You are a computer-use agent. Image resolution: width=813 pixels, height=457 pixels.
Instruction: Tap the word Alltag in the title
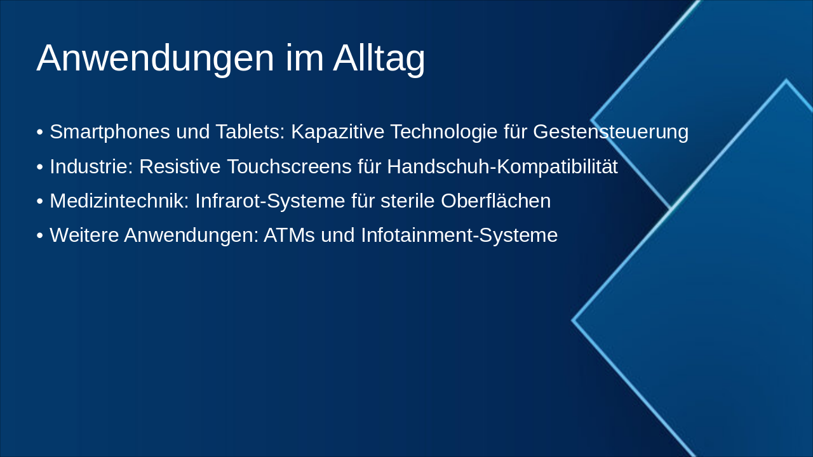pyautogui.click(x=379, y=58)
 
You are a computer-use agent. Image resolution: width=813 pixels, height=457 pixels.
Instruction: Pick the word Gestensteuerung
pyautogui.click(x=610, y=132)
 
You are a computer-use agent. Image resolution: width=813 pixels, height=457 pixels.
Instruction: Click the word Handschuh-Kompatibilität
pyautogui.click(x=502, y=166)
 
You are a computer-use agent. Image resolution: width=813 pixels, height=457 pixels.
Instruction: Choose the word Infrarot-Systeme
pyautogui.click(x=270, y=201)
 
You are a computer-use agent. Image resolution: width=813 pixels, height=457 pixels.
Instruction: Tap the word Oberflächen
pyautogui.click(x=495, y=201)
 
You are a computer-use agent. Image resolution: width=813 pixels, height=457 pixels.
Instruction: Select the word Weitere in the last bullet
pyautogui.click(x=84, y=235)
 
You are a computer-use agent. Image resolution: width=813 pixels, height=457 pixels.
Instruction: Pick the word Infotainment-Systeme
pyautogui.click(x=459, y=235)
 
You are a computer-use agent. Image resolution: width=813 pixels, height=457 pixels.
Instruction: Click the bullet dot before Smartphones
pyautogui.click(x=40, y=133)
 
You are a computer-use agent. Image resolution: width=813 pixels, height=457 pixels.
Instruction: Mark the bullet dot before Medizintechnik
pyautogui.click(x=40, y=201)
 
